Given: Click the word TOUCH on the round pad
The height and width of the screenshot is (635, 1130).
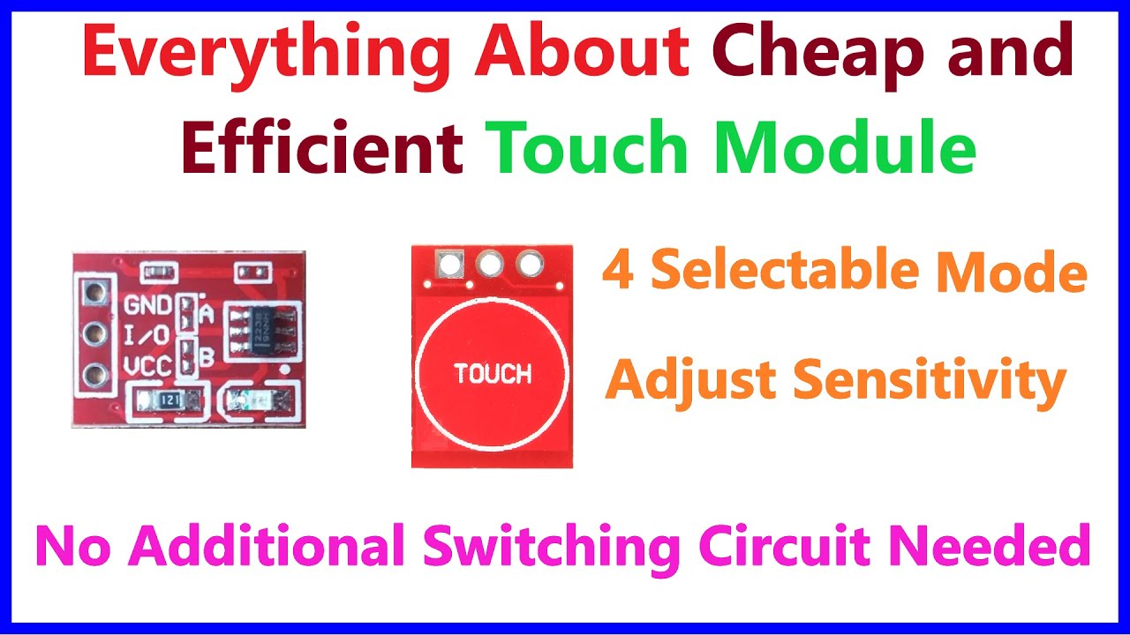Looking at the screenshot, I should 493,373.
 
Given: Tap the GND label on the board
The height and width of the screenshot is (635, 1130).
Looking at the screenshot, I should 147,306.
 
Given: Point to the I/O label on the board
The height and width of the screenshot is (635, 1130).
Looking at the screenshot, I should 147,336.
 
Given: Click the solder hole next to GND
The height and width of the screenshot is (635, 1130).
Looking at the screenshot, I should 94,292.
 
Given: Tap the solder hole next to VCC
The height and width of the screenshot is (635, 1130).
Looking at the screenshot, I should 94,377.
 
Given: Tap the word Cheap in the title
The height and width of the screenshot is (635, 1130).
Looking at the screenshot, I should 826,52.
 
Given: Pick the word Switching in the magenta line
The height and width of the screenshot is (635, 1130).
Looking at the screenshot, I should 552,546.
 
